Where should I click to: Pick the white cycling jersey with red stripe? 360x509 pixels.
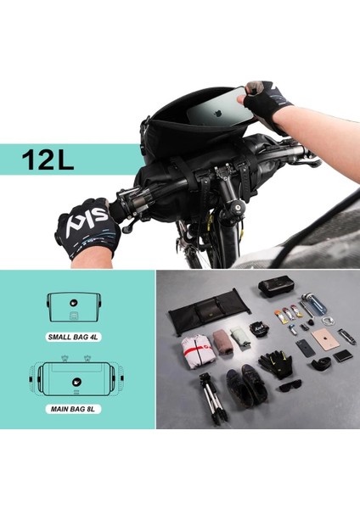[197, 350]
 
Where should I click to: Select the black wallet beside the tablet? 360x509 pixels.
[342, 355]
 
